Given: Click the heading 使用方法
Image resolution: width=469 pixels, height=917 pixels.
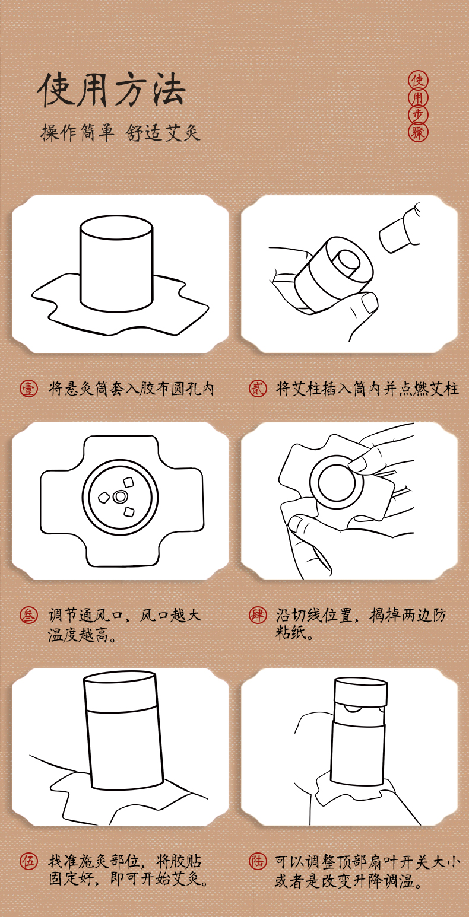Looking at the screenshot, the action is click(112, 90).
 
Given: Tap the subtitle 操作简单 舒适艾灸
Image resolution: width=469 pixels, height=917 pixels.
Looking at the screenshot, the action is click(121, 133).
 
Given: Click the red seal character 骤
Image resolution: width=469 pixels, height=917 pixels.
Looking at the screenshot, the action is click(418, 133).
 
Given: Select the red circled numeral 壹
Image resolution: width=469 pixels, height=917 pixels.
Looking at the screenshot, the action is click(28, 389).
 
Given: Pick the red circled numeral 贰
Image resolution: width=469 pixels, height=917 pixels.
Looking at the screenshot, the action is click(258, 388).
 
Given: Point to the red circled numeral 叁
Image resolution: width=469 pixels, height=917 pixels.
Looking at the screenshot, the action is click(28, 615).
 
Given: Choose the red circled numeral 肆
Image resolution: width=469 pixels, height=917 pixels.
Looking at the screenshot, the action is click(258, 615).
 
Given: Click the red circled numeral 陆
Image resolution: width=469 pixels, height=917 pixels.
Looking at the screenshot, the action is click(258, 861).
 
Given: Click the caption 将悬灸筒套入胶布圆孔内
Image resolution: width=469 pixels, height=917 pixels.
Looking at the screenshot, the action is click(131, 389).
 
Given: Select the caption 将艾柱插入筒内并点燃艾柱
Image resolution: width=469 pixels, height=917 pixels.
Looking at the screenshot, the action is click(367, 389).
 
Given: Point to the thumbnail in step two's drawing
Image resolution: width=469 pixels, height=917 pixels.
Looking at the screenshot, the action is click(369, 303).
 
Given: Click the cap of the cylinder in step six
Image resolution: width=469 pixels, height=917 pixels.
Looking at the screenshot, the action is click(361, 690).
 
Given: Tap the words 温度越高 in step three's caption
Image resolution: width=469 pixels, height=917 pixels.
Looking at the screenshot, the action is click(78, 635).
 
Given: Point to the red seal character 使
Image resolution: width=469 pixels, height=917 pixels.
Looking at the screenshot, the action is click(418, 80).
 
